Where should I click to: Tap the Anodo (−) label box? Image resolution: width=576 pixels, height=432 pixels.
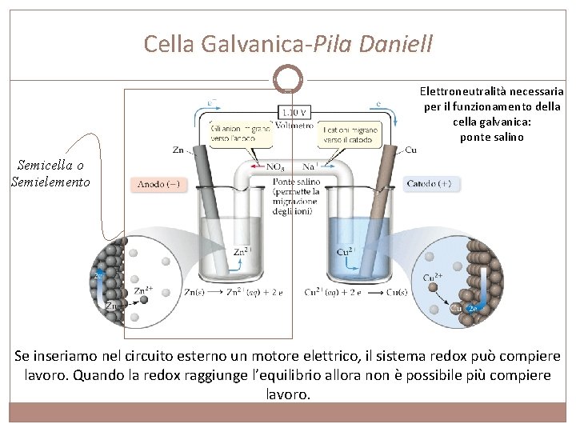[158, 185]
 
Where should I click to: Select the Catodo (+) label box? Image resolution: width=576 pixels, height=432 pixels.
[429, 183]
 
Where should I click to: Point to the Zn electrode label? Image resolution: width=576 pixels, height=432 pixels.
[178, 150]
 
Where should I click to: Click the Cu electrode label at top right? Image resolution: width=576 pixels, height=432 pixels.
[410, 150]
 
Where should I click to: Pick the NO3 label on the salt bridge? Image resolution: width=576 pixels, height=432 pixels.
[277, 167]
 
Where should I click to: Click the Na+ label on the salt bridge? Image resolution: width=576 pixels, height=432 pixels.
[310, 167]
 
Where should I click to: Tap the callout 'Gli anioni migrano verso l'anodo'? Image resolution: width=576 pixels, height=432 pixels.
[239, 133]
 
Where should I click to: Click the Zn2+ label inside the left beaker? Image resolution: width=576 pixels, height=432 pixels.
[242, 252]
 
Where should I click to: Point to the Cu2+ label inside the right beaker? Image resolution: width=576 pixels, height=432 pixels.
[345, 250]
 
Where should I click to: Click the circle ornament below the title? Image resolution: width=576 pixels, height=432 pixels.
[287, 78]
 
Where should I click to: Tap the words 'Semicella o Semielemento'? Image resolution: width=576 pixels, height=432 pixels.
[50, 174]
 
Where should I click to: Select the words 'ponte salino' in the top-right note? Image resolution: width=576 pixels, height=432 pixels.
[491, 137]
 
